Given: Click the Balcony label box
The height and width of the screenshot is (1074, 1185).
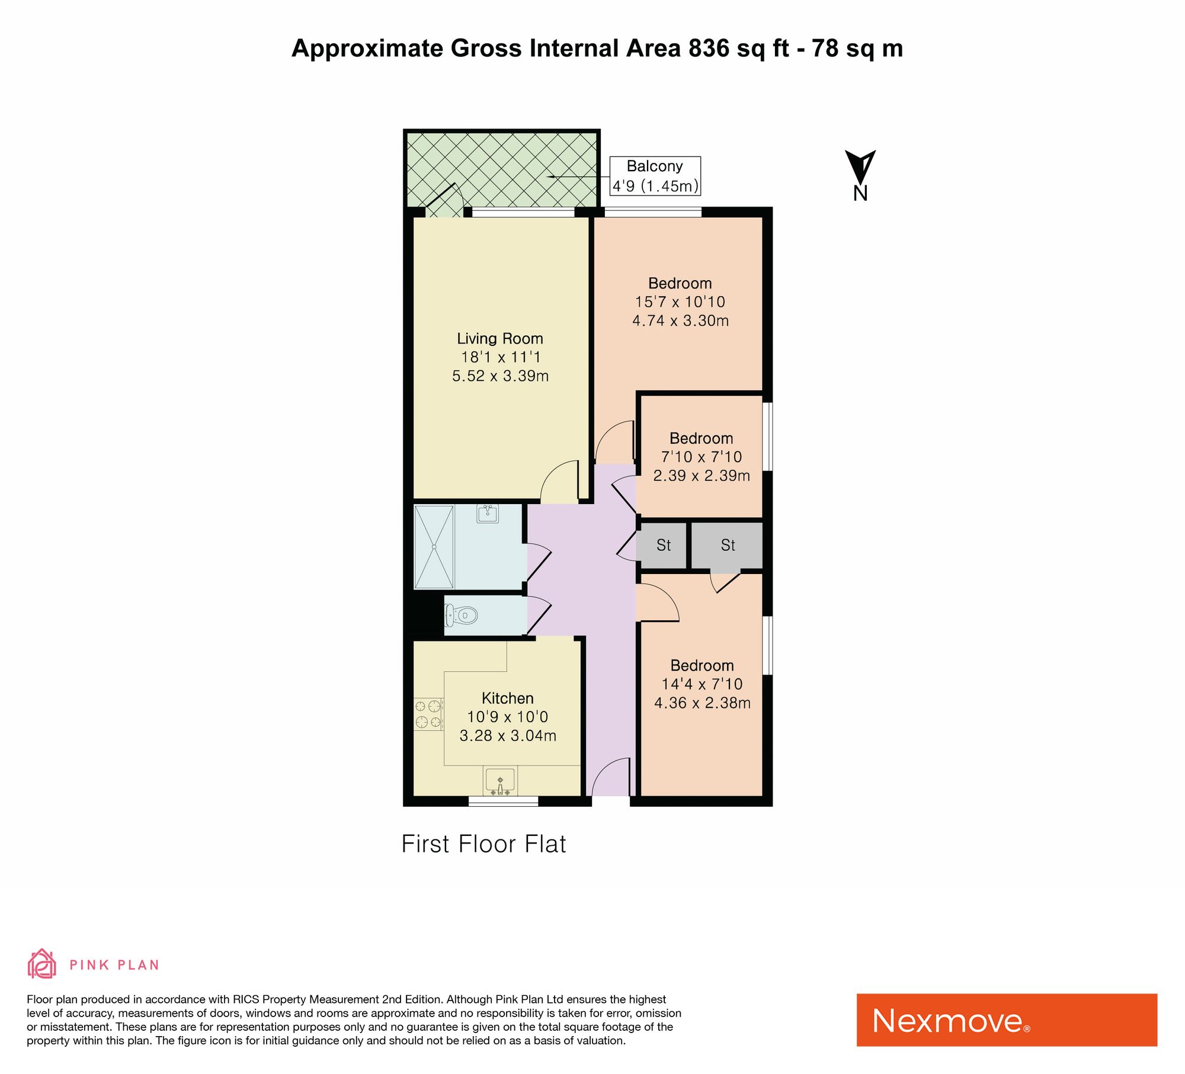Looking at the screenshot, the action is (x=655, y=176).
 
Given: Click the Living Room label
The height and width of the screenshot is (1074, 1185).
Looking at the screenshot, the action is (x=499, y=338).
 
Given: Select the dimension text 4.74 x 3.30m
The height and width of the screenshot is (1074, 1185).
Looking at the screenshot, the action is (x=680, y=320).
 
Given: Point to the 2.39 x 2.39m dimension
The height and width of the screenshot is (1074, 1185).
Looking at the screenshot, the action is (x=702, y=475).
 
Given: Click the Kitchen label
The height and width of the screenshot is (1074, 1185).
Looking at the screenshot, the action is (x=507, y=698).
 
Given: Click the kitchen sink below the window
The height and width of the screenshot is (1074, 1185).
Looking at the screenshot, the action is (x=500, y=780).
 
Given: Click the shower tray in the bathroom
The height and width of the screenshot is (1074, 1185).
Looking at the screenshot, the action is (x=434, y=547).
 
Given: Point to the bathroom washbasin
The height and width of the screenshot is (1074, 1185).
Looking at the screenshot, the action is (x=488, y=513).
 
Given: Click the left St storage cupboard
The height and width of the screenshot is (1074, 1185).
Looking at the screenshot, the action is (x=663, y=545).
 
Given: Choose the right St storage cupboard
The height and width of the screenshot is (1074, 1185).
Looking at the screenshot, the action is (x=728, y=545).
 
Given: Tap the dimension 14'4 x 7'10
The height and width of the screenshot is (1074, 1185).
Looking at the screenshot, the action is (x=702, y=684).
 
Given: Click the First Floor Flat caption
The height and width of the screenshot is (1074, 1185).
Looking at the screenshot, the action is (x=483, y=844).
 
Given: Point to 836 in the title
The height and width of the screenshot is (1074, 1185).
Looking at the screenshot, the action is (x=709, y=48).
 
